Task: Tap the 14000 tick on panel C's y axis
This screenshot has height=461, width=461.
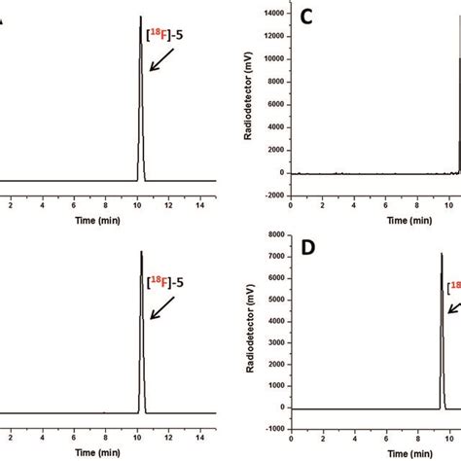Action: click(x=275, y=14)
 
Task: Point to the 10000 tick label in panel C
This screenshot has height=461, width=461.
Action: click(x=275, y=59)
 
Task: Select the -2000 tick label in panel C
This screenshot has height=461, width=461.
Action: click(x=277, y=195)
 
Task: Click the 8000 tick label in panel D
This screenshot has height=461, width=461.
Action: click(x=281, y=234)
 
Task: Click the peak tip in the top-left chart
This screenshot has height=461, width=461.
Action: click(x=141, y=17)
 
